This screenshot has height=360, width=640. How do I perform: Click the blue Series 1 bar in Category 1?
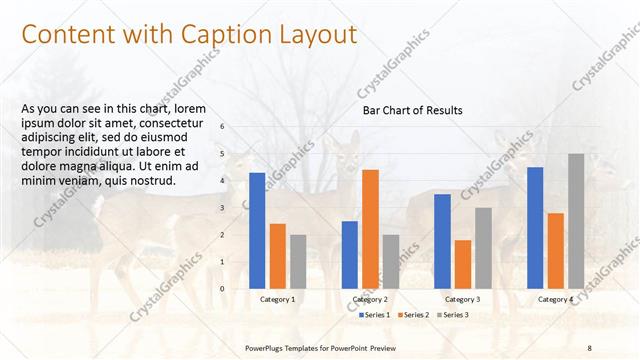(x=257, y=230)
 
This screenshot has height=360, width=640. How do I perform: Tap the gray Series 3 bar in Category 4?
(x=576, y=220)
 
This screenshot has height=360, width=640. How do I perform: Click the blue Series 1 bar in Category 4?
(x=535, y=227)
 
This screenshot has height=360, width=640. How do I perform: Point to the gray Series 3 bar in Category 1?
(x=298, y=261)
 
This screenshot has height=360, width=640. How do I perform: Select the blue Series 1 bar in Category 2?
(x=350, y=254)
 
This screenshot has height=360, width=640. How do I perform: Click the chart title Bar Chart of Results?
(x=412, y=111)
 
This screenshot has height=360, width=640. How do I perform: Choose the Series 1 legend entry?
(x=374, y=315)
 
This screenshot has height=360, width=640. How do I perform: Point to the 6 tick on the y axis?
(x=222, y=127)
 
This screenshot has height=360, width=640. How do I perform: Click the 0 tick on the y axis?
(x=222, y=288)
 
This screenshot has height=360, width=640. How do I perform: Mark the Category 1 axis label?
(x=277, y=299)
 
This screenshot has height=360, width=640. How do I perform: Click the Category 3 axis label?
(x=462, y=299)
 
